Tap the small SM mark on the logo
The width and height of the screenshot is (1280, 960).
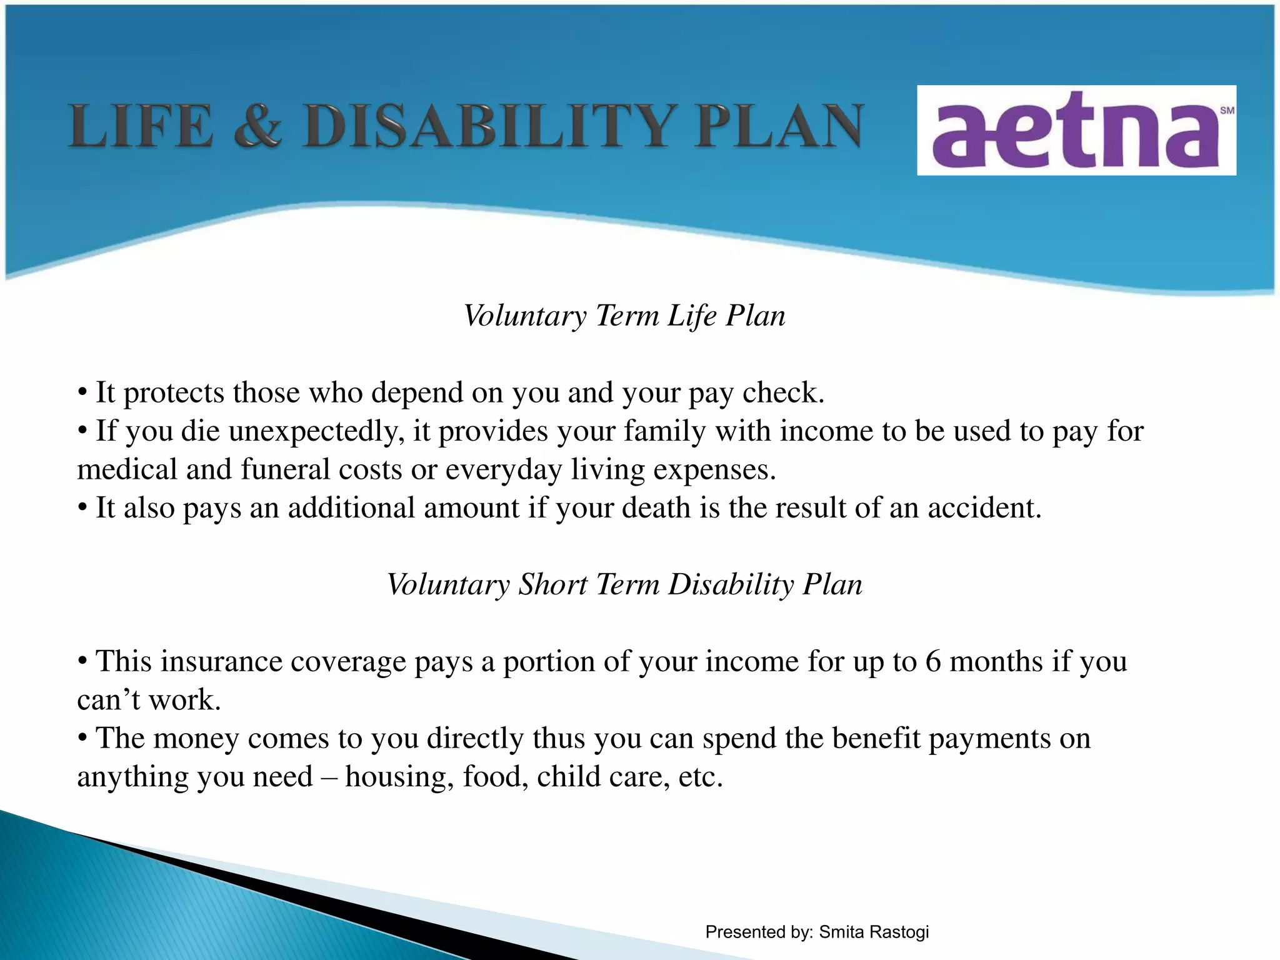click(x=1227, y=111)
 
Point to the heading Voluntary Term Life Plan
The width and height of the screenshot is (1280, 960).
click(x=624, y=316)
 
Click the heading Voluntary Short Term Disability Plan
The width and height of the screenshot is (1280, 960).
click(x=624, y=584)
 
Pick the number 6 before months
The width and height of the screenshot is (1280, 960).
click(x=932, y=661)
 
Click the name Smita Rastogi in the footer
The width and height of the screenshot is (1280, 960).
click(x=874, y=932)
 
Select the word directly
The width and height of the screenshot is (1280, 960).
click(x=475, y=739)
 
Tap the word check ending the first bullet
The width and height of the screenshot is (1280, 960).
click(x=782, y=393)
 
